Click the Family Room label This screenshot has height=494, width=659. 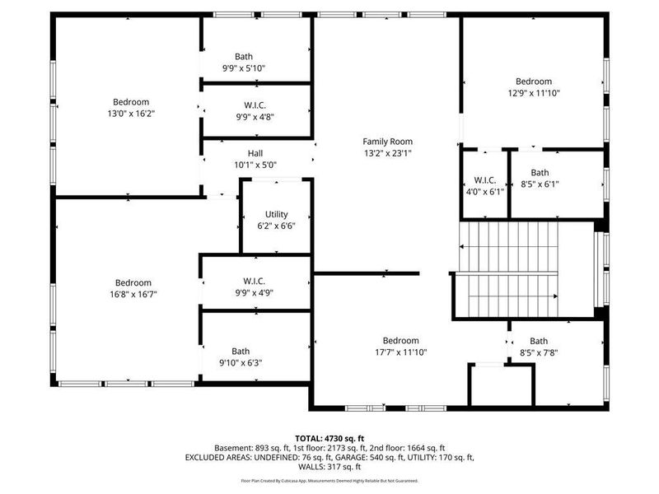pyautogui.click(x=387, y=142)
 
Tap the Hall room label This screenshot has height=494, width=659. pyautogui.click(x=255, y=153)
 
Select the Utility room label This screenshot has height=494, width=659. pyautogui.click(x=277, y=215)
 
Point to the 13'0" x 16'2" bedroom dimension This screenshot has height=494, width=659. pyautogui.click(x=133, y=113)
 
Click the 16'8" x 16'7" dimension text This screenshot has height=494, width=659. pyautogui.click(x=133, y=294)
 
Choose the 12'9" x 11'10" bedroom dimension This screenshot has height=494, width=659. pyautogui.click(x=533, y=93)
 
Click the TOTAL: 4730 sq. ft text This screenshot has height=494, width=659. pyautogui.click(x=330, y=438)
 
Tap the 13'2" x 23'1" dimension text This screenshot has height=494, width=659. pyautogui.click(x=387, y=153)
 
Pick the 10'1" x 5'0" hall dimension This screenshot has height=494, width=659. pyautogui.click(x=255, y=165)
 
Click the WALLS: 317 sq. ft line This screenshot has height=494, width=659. pyautogui.click(x=330, y=466)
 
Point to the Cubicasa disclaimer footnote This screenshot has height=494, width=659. pyautogui.click(x=330, y=480)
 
